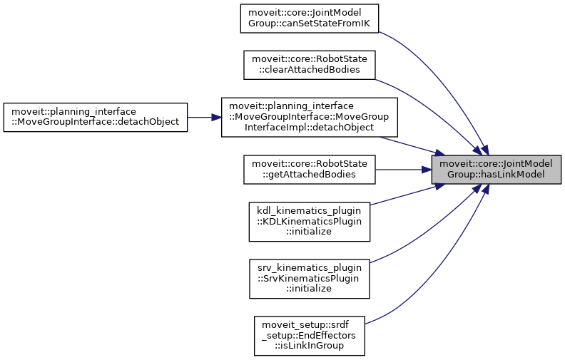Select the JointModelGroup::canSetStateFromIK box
tap(308, 18)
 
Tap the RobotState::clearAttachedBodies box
tap(310, 65)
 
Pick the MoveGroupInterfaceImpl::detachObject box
tap(308, 117)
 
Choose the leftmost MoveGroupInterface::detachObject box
tap(95, 117)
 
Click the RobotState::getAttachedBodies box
tap(310, 169)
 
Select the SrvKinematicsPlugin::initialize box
tap(310, 278)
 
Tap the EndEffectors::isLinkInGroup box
tap(310, 335)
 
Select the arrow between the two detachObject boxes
tap(203, 117)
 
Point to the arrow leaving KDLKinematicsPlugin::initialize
tap(403, 195)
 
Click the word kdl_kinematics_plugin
tap(310, 211)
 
